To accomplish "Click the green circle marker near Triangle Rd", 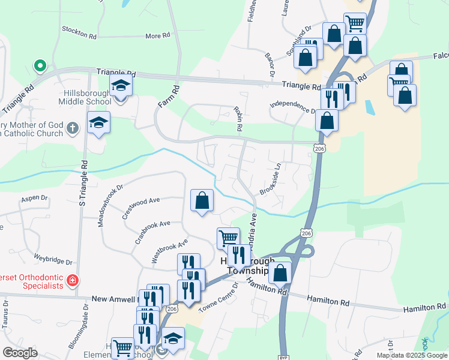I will click(x=40, y=65).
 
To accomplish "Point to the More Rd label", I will click(x=157, y=36).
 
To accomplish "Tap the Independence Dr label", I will click(x=292, y=107).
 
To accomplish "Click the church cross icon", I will click(x=72, y=127).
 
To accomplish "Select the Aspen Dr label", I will click(x=34, y=197).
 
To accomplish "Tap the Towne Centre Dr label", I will click(x=218, y=298).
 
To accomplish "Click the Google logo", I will click(x=20, y=352).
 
